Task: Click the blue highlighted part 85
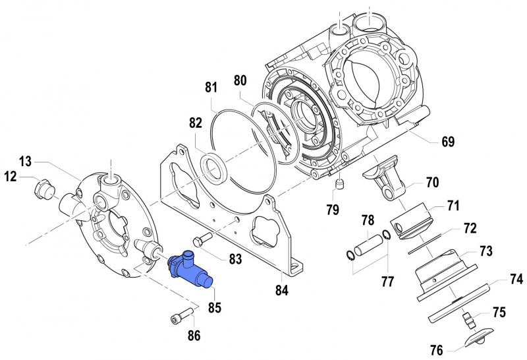click(x=190, y=270)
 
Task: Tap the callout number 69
click(x=448, y=142)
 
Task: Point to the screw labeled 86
click(x=182, y=313)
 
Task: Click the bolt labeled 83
click(x=201, y=238)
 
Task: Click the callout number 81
click(x=211, y=87)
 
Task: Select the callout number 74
click(x=515, y=279)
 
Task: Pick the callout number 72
click(x=469, y=229)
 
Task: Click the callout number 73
click(x=485, y=251)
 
